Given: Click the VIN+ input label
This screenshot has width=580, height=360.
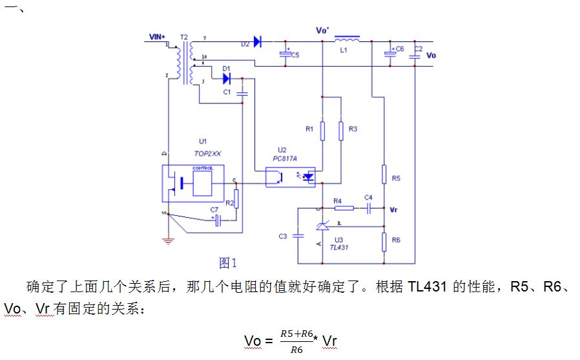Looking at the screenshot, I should (157, 37).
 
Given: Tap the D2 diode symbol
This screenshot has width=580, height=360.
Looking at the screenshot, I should (258, 42).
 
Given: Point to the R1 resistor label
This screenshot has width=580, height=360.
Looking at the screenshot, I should (309, 129).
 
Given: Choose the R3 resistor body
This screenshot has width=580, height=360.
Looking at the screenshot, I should (341, 129).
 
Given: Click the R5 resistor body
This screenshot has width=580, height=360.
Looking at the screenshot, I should (384, 175).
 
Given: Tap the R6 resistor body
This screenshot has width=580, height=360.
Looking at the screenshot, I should (384, 242).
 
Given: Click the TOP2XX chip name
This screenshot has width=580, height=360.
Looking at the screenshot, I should (208, 154).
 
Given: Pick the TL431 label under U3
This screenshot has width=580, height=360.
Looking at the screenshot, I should (339, 247).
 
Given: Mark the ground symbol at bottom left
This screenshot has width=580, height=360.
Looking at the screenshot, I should (168, 242).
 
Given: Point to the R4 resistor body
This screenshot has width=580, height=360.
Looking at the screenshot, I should (344, 208).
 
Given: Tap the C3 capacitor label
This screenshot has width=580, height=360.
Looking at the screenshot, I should (283, 237).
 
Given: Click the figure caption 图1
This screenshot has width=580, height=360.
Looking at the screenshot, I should (229, 262).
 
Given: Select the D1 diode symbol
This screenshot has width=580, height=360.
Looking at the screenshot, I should (227, 78).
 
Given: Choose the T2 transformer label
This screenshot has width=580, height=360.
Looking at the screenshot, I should (185, 38).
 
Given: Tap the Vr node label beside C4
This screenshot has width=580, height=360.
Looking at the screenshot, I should (395, 209).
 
